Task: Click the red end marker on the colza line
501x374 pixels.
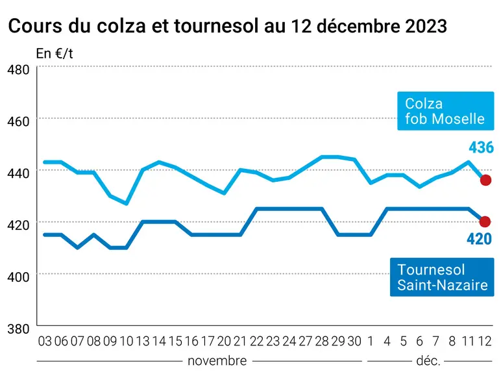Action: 485,180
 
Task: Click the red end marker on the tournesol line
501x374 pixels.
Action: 485,221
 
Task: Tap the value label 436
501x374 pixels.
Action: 481,147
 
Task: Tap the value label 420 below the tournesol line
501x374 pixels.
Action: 479,239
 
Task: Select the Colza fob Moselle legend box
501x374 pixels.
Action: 445,111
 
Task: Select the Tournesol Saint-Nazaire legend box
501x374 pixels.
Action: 442,277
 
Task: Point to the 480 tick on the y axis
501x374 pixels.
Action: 18,69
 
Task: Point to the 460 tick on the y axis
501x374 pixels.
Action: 18,121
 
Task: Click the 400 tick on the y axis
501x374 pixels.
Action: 18,277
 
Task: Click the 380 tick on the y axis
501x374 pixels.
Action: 18,329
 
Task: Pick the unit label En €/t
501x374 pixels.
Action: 55,54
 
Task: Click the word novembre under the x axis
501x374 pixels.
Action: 217,361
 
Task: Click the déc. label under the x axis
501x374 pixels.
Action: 428,361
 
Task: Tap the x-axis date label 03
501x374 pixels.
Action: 45,342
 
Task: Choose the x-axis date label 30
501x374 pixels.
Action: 354,342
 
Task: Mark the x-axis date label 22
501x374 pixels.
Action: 256,342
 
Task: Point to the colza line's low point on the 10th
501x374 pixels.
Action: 127,204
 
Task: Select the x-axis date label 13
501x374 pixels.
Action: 143,342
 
